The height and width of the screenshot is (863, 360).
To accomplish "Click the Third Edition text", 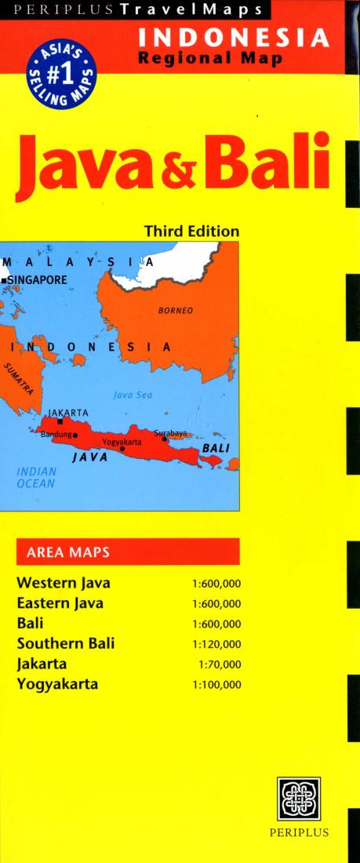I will click(191, 231).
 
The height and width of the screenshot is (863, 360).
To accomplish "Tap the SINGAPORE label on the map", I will click(38, 279).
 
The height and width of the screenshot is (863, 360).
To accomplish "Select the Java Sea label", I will click(133, 395).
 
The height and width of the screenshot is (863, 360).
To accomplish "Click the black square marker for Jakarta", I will click(60, 422).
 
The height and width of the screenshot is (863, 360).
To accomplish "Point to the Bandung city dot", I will click(75, 435).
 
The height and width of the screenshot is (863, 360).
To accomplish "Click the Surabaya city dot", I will click(164, 439).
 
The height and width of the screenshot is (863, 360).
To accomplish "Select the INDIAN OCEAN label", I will click(36, 478).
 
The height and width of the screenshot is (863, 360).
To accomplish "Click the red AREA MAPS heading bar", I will click(127, 552).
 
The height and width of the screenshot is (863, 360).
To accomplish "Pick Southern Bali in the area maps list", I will click(65, 643).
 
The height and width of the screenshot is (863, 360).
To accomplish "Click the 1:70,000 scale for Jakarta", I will click(220, 664).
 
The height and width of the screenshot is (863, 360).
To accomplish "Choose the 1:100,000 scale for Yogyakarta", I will click(216, 684).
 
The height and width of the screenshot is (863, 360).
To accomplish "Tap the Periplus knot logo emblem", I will click(299, 799).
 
